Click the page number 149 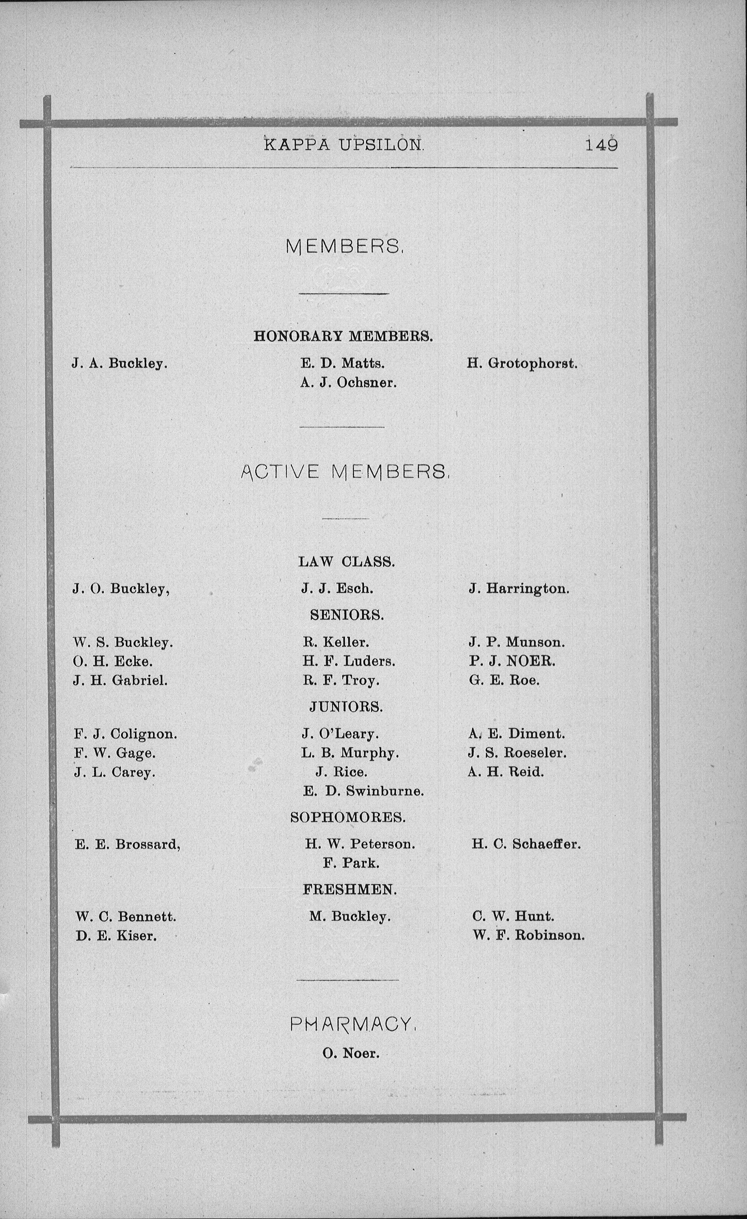[601, 144]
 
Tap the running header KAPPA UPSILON [344, 144]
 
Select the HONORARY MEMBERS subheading [343, 336]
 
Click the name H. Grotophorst [522, 364]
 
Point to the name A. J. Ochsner [348, 382]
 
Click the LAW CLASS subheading [346, 561]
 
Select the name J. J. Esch [337, 588]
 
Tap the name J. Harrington [519, 589]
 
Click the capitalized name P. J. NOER [512, 661]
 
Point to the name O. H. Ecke [113, 661]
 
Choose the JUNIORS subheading [346, 707]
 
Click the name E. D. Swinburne [363, 791]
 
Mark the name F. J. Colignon [125, 734]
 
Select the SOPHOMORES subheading [347, 817]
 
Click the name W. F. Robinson [528, 935]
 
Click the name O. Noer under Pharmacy [350, 1053]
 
